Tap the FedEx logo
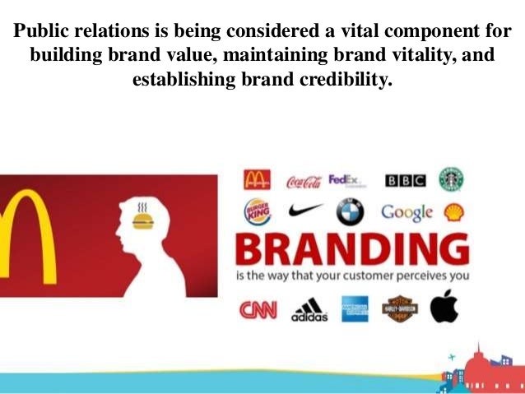pos(345,180)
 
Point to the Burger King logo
pos(257,213)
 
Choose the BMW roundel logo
pos(350,213)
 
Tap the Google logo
pos(406,212)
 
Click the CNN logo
pos(258,310)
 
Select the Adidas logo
pos(309,310)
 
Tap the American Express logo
pos(355,309)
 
